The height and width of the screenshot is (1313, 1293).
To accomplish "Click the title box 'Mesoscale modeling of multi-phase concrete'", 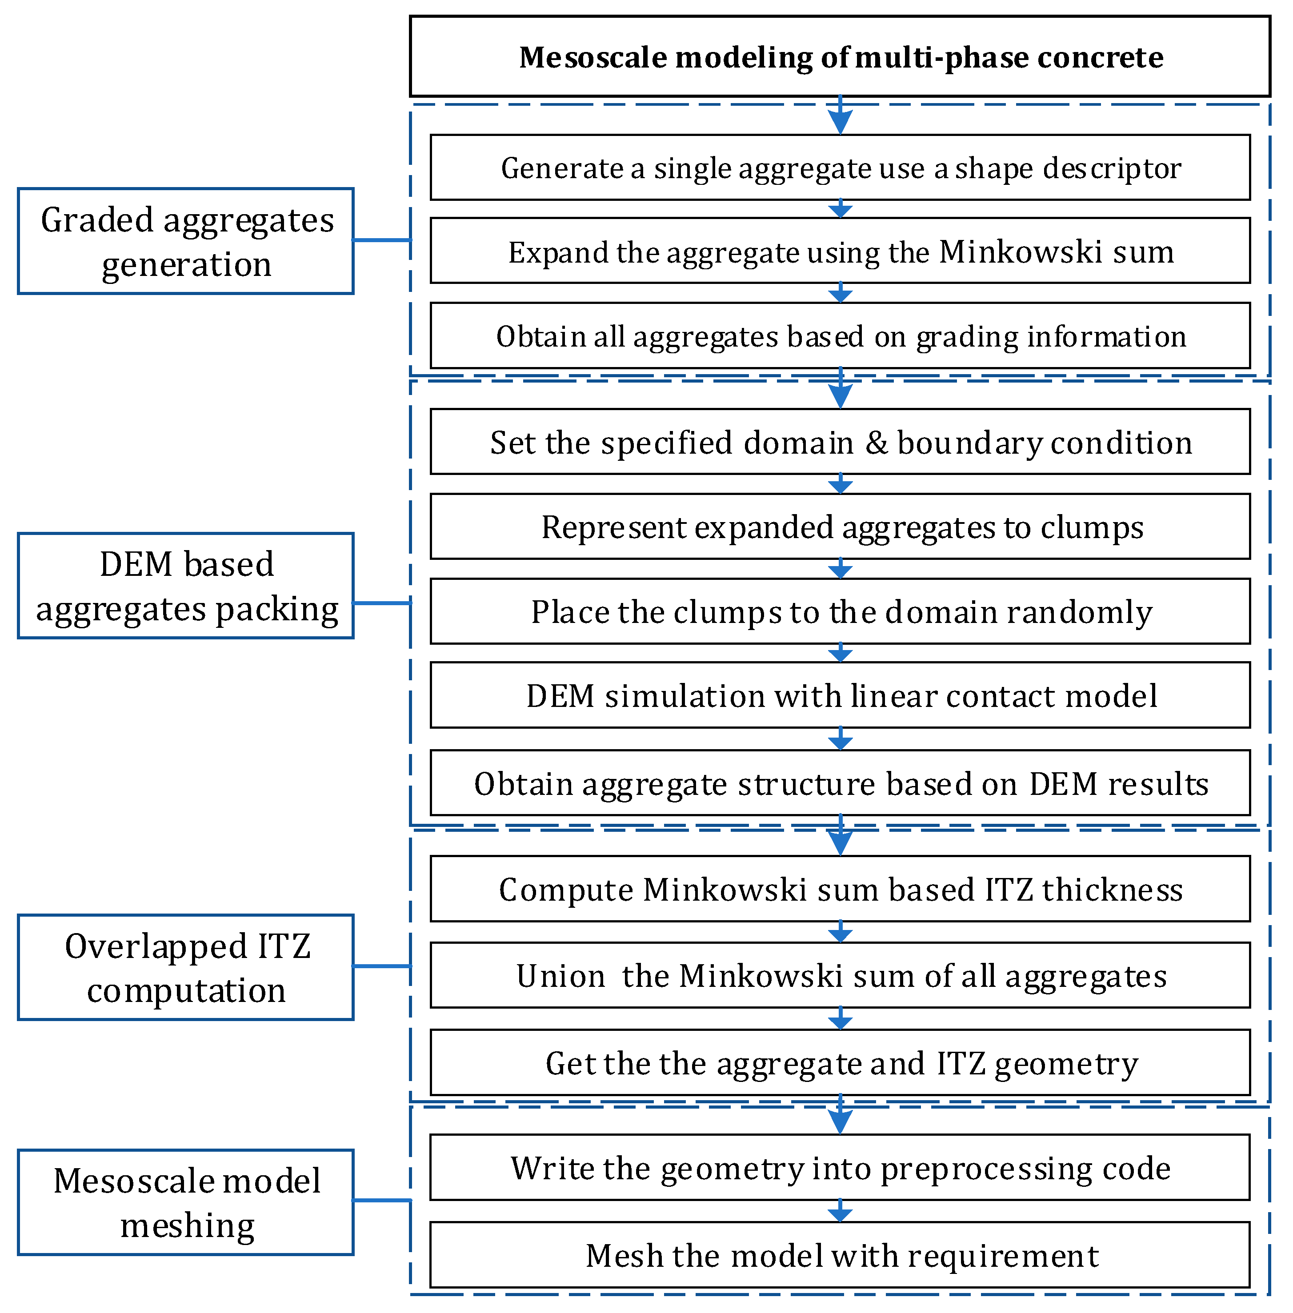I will (840, 57).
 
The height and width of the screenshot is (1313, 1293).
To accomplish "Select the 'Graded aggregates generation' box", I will (185, 241).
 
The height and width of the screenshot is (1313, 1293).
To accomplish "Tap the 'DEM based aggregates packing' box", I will (185, 585).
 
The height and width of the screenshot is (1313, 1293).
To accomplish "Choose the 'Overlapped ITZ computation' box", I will (185, 967).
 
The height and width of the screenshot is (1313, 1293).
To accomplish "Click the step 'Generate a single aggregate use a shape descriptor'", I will (840, 168).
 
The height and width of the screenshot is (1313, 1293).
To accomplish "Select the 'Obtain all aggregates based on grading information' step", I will (840, 336).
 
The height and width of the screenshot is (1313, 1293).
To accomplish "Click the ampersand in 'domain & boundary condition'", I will (876, 443).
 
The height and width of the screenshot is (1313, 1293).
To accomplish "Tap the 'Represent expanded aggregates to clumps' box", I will (840, 527).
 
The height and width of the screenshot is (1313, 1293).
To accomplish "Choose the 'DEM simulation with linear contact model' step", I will (840, 696).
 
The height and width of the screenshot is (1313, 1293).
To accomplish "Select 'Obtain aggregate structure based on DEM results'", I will (840, 783).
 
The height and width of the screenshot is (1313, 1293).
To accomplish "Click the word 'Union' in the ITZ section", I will (560, 976).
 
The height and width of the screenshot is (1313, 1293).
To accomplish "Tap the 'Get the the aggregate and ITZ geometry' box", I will (840, 1063).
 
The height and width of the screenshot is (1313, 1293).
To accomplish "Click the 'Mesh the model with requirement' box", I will (840, 1255).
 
